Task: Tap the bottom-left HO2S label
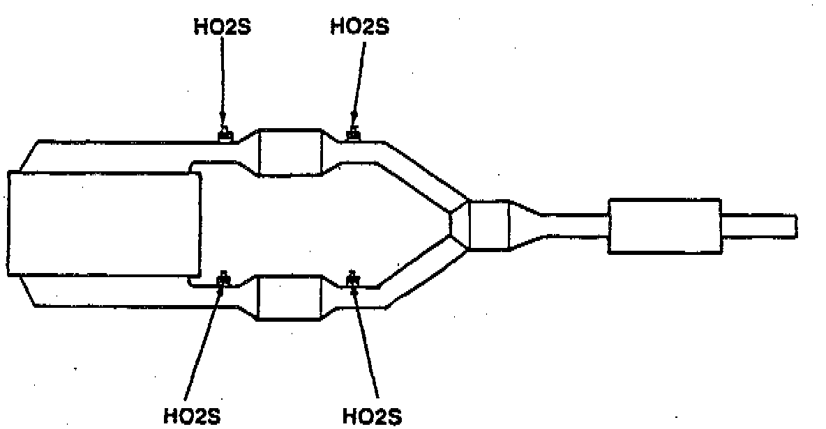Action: tap(192, 416)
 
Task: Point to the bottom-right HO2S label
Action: tap(373, 416)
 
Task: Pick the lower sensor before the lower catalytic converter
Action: tap(224, 280)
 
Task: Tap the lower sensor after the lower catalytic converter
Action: tap(352, 280)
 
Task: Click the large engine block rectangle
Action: tap(105, 224)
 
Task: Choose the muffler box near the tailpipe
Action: tap(664, 226)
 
